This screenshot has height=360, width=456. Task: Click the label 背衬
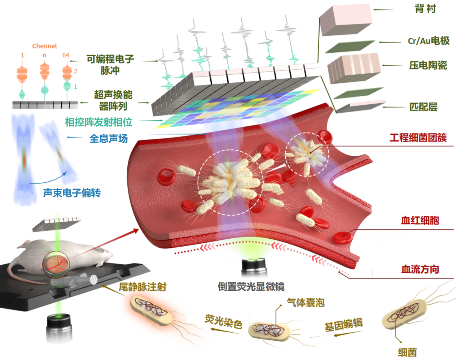pyautogui.click(x=425, y=9)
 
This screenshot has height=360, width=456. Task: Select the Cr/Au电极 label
pyautogui.click(x=429, y=41)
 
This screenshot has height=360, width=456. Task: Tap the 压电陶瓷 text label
pyautogui.click(x=428, y=65)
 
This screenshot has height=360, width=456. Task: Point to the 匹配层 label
pyautogui.click(x=423, y=107)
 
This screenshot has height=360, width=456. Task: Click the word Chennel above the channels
pyautogui.click(x=44, y=46)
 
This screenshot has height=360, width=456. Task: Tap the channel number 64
pyautogui.click(x=66, y=55)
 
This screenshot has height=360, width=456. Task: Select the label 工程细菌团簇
pyautogui.click(x=418, y=138)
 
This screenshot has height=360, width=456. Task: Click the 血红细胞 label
pyautogui.click(x=420, y=220)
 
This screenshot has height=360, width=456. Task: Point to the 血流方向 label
pyautogui.click(x=420, y=269)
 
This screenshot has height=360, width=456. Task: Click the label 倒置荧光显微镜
pyautogui.click(x=251, y=287)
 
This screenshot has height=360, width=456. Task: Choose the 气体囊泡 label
pyautogui.click(x=306, y=302)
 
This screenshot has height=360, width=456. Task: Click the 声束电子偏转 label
pyautogui.click(x=72, y=193)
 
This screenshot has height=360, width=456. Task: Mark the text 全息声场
pyautogui.click(x=109, y=138)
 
